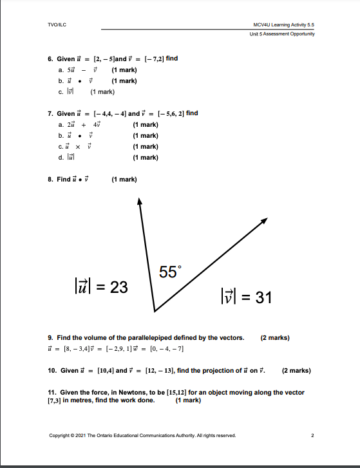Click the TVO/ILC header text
(58, 24)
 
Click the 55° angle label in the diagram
(168, 272)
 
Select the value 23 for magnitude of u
(118, 287)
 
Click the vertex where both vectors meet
(155, 311)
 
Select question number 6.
(50, 59)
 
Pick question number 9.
(50, 337)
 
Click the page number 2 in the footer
(312, 435)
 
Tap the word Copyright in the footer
(60, 435)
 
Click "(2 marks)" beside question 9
(275, 337)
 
